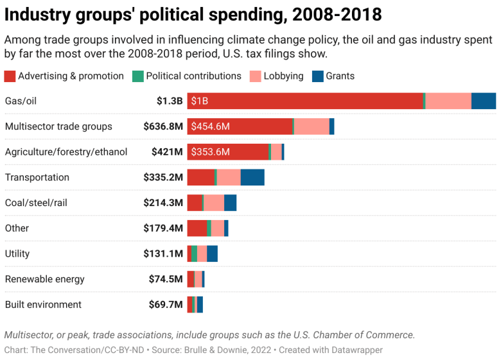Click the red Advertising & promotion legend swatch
pos(10,76)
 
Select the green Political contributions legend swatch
pos(137,76)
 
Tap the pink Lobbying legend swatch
pos(256,76)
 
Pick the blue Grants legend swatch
pos(317,76)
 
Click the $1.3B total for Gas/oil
pos(170,101)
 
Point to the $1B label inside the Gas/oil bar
pos(200,101)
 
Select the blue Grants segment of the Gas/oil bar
pos(483,101)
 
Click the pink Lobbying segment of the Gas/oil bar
pos(448,101)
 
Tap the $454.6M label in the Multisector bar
pos(211,126)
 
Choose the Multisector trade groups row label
pos(58,126)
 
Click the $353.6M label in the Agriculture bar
pos(211,152)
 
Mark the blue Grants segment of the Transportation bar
pos(252,177)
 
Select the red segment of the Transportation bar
pos(200,177)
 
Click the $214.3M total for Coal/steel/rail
pos(163,203)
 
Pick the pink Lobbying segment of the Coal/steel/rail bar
pos(214,203)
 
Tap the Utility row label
pos(17,253)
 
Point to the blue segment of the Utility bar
pos(212,253)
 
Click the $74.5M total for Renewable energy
pos(166,279)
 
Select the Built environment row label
pos(43,305)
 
